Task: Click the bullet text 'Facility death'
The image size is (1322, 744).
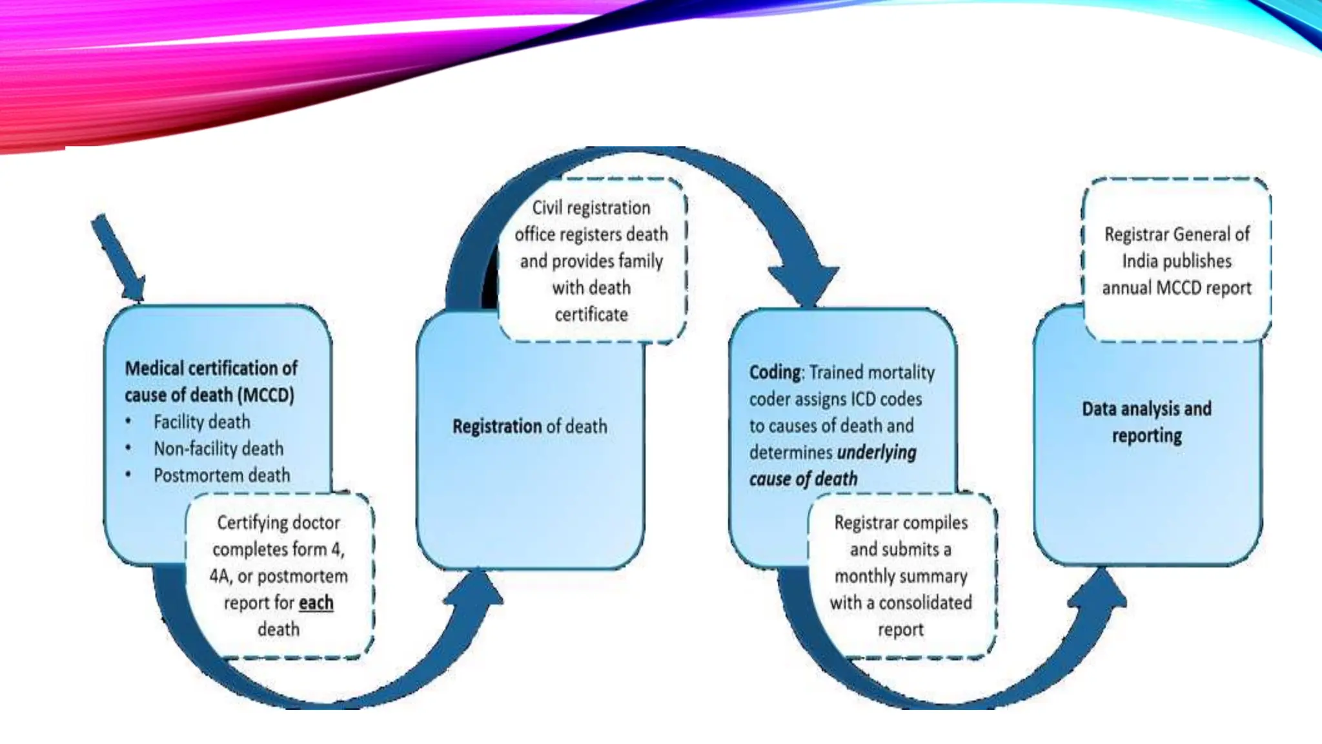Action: (x=201, y=422)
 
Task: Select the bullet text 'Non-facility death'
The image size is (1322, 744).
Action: (x=218, y=448)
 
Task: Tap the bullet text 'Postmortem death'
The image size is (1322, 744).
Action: (x=221, y=475)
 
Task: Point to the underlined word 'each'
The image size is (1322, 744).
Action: (x=316, y=603)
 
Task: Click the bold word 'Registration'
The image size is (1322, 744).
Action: (x=497, y=426)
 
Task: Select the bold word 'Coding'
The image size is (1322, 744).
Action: (x=775, y=373)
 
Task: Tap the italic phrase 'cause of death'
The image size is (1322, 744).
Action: (x=803, y=479)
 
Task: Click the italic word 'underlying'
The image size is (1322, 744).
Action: (x=876, y=452)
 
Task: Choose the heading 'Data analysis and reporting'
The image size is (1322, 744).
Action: (x=1146, y=422)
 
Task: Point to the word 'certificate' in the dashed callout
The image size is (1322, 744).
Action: (x=591, y=315)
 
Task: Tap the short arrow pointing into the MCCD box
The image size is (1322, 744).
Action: (x=119, y=259)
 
